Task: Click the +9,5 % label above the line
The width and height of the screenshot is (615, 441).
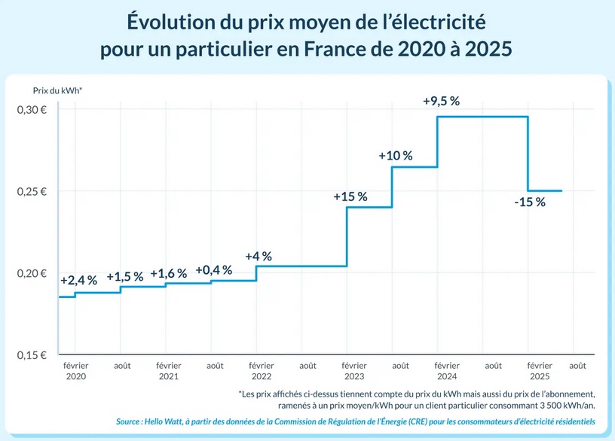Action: (x=442, y=102)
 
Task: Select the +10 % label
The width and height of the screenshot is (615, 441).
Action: (x=396, y=156)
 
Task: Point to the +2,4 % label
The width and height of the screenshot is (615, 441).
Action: (x=78, y=280)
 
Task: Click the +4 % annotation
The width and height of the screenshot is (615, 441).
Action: (x=259, y=256)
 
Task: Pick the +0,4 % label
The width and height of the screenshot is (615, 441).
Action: (x=214, y=269)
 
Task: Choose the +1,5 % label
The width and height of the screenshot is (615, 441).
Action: (x=125, y=277)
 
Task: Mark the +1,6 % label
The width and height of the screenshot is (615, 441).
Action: (x=169, y=273)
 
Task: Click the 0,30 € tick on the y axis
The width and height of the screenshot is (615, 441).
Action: (x=32, y=110)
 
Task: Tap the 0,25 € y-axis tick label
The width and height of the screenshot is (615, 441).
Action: (x=32, y=191)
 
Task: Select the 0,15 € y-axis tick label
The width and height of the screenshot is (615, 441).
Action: (x=32, y=354)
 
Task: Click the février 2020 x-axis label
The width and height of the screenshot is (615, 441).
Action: (x=76, y=370)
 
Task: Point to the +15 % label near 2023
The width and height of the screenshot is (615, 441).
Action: (x=350, y=196)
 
